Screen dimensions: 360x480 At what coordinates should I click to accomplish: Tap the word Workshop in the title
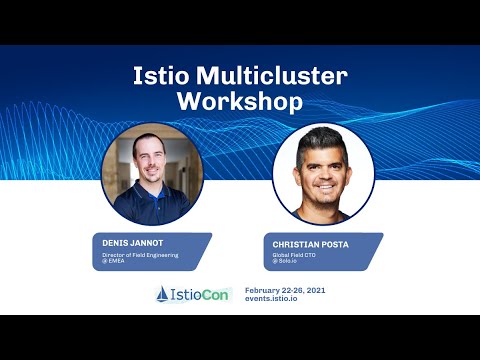pos(239,101)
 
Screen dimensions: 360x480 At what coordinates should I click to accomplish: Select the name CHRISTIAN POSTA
pos(311,243)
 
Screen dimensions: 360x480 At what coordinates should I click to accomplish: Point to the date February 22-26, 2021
pos(285,289)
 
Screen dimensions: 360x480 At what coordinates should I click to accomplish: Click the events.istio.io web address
pos(274,299)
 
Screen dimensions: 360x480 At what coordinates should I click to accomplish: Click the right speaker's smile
pos(322,186)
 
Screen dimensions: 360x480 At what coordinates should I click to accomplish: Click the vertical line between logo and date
pos(238,294)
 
